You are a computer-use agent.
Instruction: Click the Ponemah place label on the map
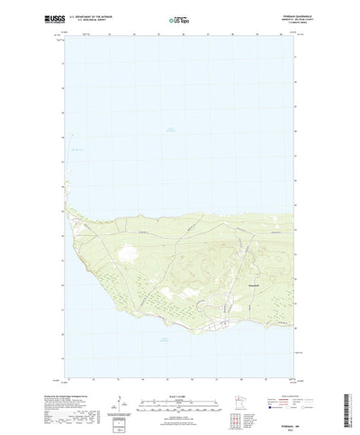(x=255, y=284)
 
